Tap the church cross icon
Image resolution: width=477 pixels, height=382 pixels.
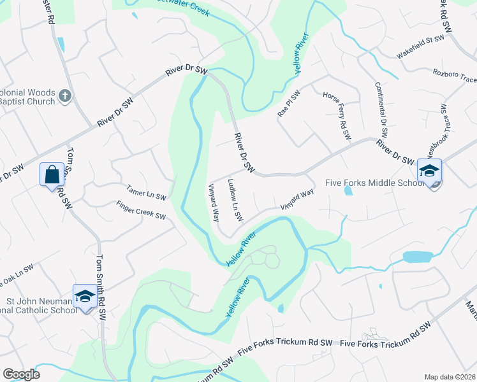(64, 95)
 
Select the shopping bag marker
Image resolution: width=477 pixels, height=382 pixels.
(51, 174)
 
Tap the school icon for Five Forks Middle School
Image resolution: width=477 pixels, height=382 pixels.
(429, 171)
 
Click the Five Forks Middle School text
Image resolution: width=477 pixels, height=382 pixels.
(374, 183)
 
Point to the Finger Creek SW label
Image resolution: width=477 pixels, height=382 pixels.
(141, 211)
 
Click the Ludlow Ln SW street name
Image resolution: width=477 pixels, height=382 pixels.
(235, 200)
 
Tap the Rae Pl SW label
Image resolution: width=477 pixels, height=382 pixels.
(288, 103)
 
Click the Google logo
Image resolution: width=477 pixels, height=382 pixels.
(21, 374)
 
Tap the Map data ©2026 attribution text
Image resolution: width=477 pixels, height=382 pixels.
(450, 377)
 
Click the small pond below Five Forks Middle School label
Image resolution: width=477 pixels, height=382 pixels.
(348, 190)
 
